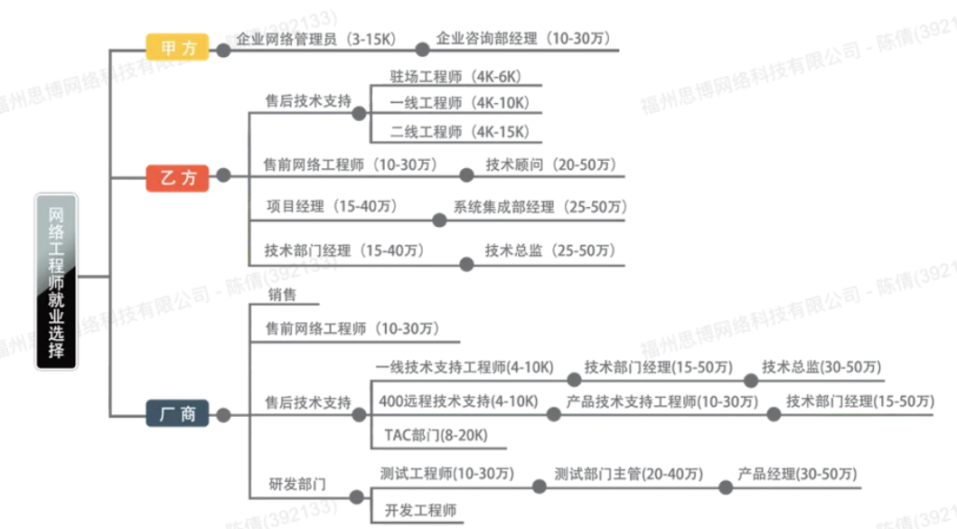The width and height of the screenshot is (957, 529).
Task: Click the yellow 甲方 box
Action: (178, 47)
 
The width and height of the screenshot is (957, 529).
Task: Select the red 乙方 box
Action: (178, 178)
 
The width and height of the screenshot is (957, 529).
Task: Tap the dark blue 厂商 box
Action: (178, 413)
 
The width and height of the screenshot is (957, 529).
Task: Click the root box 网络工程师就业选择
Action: (56, 281)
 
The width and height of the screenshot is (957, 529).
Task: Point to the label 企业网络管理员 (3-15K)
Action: (316, 39)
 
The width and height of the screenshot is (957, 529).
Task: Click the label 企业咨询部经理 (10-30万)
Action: (523, 39)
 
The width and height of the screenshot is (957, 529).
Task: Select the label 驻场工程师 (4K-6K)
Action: (456, 76)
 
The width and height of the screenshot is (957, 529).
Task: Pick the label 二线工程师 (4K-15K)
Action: (460, 131)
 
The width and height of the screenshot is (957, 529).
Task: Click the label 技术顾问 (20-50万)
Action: (551, 165)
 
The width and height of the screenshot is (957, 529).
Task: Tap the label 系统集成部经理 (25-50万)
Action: (540, 206)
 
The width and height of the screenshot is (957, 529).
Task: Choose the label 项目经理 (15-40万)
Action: (332, 206)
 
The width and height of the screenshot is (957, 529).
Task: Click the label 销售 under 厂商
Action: (282, 295)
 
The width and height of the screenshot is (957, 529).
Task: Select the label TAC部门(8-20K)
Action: (436, 436)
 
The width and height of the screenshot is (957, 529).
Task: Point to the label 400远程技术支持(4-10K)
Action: (458, 401)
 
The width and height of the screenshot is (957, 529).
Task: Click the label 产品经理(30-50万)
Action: (797, 474)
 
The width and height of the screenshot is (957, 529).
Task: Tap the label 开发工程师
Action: (420, 510)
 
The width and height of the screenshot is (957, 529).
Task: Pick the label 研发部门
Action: (297, 485)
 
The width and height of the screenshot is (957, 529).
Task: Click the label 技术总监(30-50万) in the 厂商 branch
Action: (821, 367)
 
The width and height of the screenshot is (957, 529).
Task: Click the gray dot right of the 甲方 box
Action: (224, 51)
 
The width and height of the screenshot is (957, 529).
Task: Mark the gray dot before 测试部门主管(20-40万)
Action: (539, 486)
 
